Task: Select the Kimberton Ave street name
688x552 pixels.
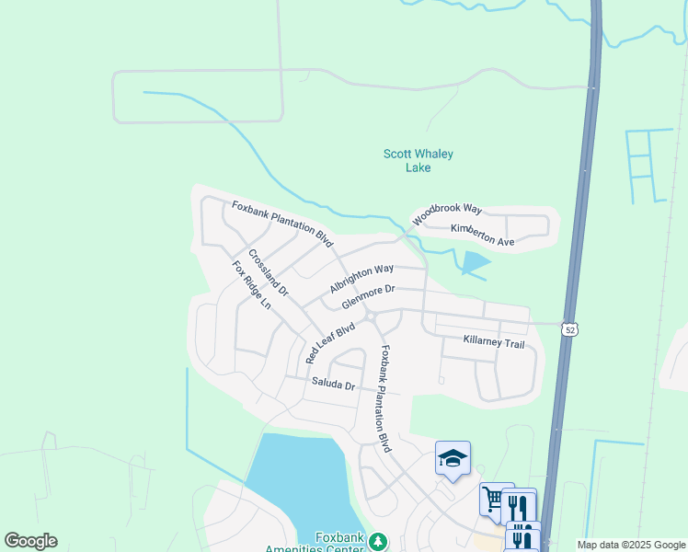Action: coord(482,235)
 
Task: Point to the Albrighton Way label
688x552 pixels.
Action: coord(361,278)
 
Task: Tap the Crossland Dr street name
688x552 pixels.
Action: coord(268,272)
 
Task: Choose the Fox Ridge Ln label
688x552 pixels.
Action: coord(251,284)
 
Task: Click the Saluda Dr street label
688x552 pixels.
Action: coord(333,384)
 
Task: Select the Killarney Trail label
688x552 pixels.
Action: coord(494,343)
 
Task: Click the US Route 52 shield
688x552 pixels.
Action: coord(571,329)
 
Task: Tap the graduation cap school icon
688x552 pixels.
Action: coord(453,458)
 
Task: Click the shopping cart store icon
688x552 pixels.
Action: coord(492,500)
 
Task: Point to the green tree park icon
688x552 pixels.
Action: coord(377,543)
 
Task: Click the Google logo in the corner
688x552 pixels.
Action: coord(30,541)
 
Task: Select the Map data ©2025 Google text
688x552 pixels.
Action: coord(631,545)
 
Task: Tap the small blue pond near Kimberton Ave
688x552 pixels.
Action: coord(475,264)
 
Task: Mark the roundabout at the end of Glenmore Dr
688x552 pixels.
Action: coord(370,317)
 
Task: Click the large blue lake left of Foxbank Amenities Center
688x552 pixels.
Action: coord(294,488)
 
